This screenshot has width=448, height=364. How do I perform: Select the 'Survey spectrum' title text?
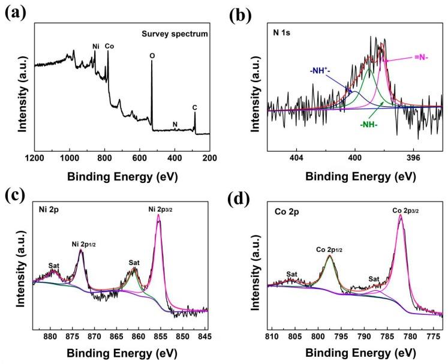coord(179,34)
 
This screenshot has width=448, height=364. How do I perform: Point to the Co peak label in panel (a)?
coord(109,46)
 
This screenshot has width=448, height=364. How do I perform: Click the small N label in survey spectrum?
coord(175,125)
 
